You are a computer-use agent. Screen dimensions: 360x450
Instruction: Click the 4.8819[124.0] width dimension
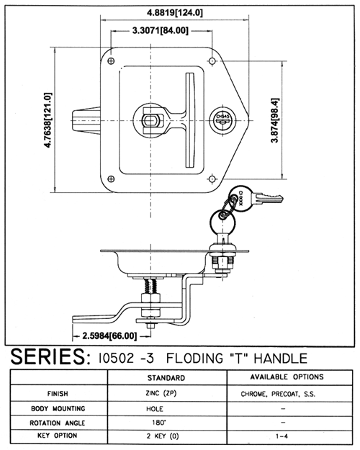pyautogui.click(x=174, y=13)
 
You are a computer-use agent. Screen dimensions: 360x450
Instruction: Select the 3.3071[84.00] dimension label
pyautogui.click(x=161, y=30)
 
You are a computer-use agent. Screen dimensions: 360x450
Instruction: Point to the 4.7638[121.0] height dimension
pyautogui.click(x=48, y=120)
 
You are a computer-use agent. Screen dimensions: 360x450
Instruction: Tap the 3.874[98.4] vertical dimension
pyautogui.click(x=275, y=120)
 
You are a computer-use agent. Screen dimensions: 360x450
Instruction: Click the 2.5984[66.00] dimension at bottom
pyautogui.click(x=109, y=336)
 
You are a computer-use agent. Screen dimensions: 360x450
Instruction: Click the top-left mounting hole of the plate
pyautogui.click(x=111, y=61)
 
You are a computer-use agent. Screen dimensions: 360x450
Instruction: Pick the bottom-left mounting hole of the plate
pyautogui.click(x=111, y=179)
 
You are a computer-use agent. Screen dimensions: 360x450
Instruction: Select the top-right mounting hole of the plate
pyautogui.click(x=212, y=61)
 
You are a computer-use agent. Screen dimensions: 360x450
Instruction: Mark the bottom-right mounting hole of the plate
pyautogui.click(x=212, y=179)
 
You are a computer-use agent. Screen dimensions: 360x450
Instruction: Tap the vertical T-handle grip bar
pyautogui.click(x=190, y=120)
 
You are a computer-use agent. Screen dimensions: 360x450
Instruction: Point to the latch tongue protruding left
pyautogui.click(x=86, y=120)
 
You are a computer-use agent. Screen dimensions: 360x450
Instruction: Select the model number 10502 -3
pyautogui.click(x=126, y=359)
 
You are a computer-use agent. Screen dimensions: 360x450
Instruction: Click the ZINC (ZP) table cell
pyautogui.click(x=161, y=393)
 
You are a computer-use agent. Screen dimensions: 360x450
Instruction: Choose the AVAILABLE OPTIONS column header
pyautogui.click(x=287, y=377)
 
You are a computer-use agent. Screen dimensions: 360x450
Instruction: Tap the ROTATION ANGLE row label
pyautogui.click(x=58, y=423)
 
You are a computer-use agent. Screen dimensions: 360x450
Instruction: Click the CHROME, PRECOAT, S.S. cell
pyautogui.click(x=278, y=394)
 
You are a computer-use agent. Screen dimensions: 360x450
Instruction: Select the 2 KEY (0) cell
pyautogui.click(x=163, y=436)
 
